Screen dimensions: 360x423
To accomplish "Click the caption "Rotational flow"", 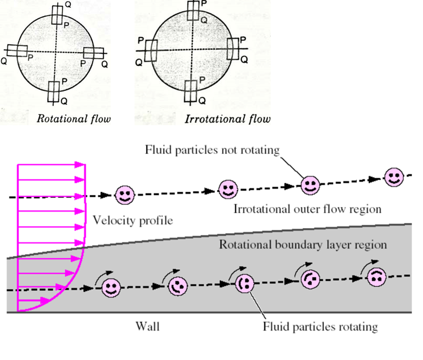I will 73,118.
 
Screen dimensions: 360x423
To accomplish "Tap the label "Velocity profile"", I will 133,220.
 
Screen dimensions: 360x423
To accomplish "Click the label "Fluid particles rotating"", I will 320,326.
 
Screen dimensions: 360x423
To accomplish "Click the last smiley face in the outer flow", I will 394,177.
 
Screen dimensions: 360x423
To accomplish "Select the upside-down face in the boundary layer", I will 377,277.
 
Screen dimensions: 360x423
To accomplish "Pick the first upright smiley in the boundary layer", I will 111,288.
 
